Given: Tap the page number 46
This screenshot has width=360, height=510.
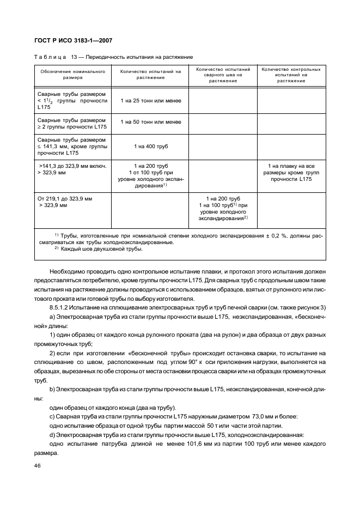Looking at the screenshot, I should (x=37, y=466).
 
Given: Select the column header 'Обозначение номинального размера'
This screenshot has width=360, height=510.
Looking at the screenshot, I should (x=72, y=75).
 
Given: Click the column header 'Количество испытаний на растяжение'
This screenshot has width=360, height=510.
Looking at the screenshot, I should (x=150, y=75).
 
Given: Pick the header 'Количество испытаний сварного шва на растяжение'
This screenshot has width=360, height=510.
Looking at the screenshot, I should (x=223, y=75).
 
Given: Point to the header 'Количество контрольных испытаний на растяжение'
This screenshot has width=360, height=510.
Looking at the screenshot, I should (x=291, y=75).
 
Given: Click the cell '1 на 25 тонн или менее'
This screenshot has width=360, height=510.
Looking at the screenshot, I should (x=150, y=101).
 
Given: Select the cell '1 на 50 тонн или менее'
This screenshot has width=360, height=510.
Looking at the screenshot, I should (x=150, y=123).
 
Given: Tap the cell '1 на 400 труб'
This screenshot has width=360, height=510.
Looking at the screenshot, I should (x=150, y=147).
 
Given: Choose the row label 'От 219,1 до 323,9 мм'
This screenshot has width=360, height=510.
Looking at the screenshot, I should (x=65, y=199).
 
